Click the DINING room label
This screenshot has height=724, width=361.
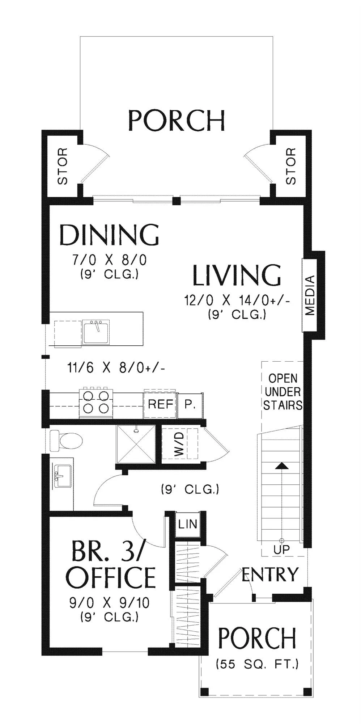point(109,235)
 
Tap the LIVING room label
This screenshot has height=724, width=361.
point(237,275)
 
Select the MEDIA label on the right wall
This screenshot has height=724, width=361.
point(310,295)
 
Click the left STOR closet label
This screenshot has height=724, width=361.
point(63,166)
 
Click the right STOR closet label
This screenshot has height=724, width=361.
point(291,166)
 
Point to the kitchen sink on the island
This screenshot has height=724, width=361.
point(96,332)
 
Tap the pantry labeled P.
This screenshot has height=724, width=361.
point(190,405)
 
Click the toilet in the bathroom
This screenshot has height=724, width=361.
point(66,441)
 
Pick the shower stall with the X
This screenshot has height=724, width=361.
point(136,444)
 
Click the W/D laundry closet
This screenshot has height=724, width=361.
point(180,444)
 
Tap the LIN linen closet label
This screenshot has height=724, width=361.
point(188,524)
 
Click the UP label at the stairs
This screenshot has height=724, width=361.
point(281,550)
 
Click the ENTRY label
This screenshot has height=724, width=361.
point(270,574)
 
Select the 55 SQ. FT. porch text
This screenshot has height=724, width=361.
point(257,664)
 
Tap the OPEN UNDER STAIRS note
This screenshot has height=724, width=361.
point(283,392)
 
